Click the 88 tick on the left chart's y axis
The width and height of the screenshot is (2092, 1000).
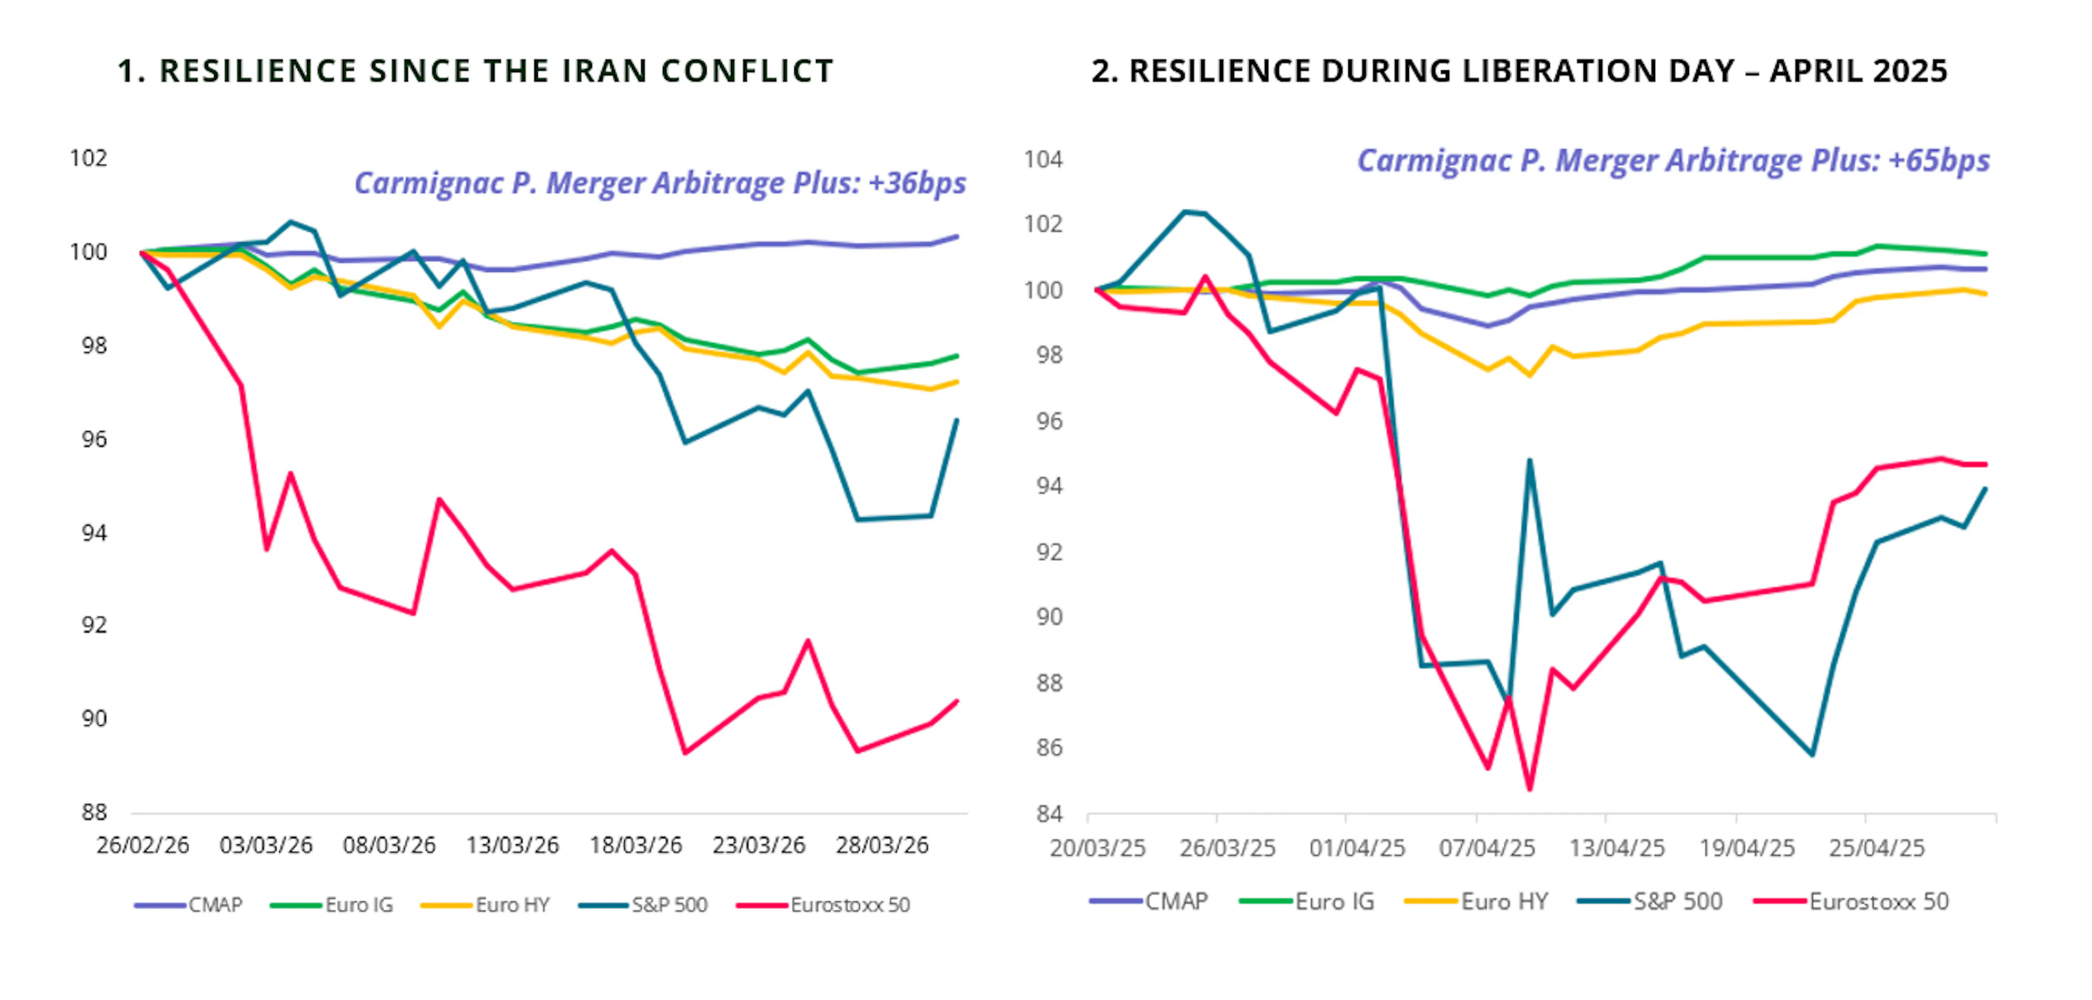point(94,813)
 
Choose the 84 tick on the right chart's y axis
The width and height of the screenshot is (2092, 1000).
point(1048,813)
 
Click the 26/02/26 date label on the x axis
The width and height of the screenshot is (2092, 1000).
point(143,846)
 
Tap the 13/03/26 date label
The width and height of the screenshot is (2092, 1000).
point(513,846)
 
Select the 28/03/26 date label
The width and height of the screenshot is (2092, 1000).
point(882,846)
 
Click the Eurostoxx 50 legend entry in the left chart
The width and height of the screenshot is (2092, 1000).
point(849,905)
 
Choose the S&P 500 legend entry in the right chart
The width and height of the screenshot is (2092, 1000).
point(1677,902)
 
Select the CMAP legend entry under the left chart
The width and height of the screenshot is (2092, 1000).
point(215,905)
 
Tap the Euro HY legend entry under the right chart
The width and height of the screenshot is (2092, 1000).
point(1504,902)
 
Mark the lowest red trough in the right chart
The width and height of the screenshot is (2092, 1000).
point(1529,789)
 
